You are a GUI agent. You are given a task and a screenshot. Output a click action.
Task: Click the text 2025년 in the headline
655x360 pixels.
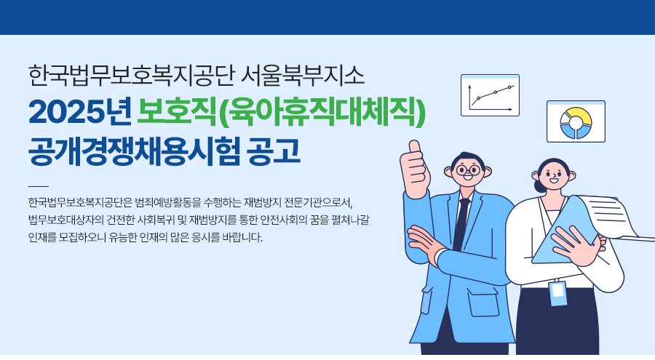[80, 111]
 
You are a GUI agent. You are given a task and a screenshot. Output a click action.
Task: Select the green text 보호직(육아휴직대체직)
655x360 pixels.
[282, 111]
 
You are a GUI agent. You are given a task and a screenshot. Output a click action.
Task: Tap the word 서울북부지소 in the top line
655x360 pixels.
[303, 76]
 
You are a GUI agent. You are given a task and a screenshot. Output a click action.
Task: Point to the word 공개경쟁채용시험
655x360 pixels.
[135, 151]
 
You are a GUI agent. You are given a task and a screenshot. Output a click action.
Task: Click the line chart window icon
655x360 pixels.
[490, 95]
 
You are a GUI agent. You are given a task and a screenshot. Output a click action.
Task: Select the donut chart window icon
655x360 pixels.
[576, 121]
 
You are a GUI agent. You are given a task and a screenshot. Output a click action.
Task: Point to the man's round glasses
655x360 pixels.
[468, 170]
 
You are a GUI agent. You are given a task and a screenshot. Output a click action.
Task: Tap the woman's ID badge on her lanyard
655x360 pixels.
[558, 293]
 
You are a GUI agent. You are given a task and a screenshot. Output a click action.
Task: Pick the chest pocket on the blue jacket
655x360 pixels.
[483, 303]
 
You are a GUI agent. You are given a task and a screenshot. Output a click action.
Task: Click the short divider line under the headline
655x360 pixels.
[39, 186]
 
